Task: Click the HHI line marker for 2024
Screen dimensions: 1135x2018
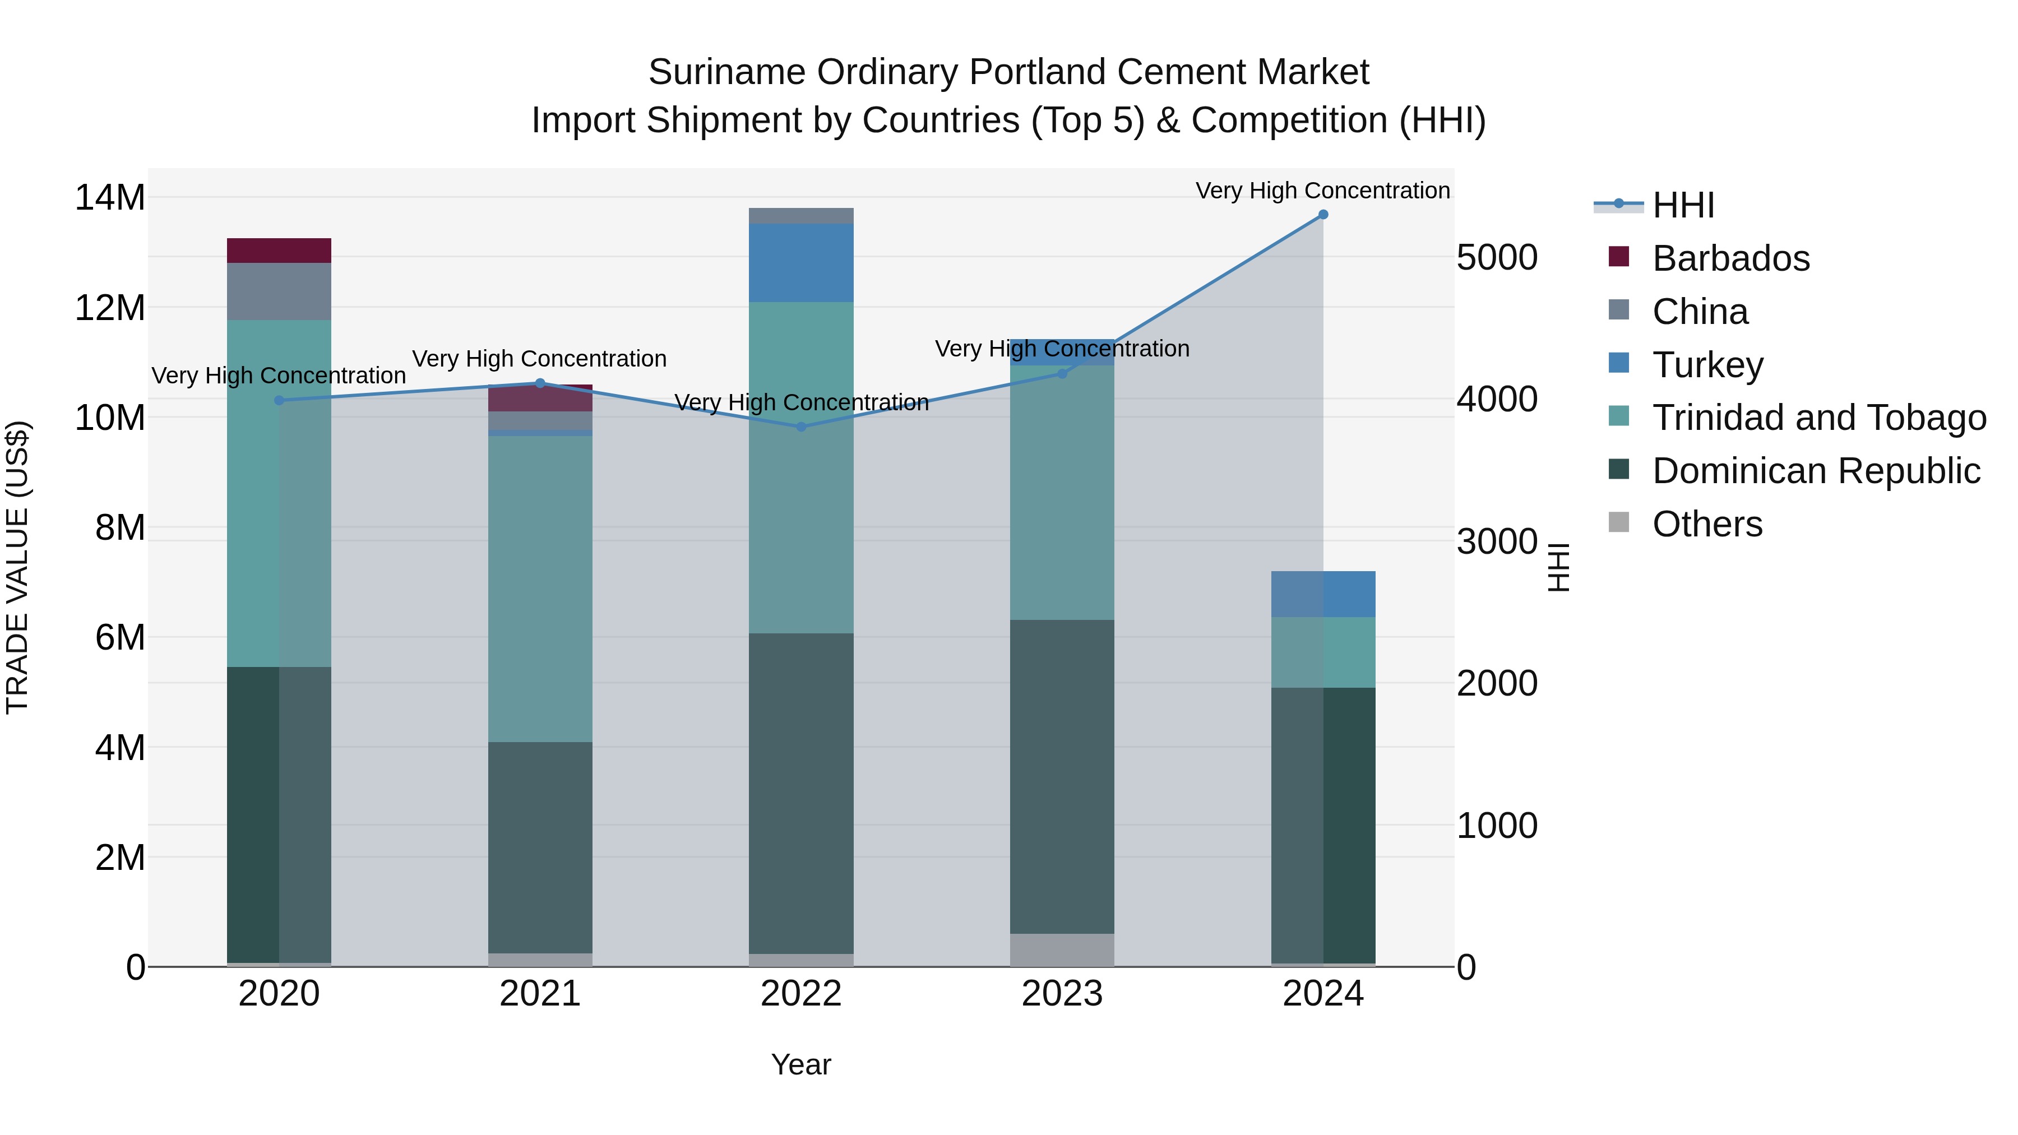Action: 1323,215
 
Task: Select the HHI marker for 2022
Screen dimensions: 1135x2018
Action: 800,427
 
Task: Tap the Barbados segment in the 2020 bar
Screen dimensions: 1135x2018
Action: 279,251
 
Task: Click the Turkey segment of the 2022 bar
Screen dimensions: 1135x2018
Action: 800,262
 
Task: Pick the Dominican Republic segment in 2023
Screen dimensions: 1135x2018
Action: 1062,776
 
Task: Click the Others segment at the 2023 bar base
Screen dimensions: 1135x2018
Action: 1062,949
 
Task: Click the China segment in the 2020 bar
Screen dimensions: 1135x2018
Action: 279,291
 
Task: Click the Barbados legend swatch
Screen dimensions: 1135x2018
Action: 1618,257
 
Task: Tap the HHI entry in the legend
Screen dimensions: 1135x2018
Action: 1683,205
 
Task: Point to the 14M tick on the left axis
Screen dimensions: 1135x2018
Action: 110,197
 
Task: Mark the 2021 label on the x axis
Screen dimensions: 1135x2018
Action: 540,994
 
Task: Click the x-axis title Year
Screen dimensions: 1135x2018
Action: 800,1064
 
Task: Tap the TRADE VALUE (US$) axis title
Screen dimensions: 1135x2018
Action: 17,567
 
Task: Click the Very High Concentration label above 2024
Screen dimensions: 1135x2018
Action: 1322,191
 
